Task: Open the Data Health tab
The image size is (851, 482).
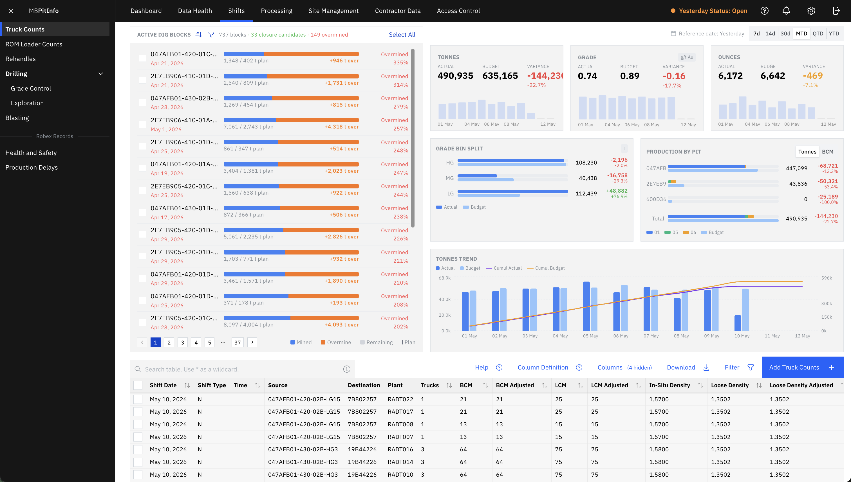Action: (x=195, y=11)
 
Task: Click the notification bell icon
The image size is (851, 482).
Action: (x=786, y=11)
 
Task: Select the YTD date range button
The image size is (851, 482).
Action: (x=834, y=33)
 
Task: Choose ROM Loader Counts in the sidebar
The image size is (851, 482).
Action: (x=34, y=44)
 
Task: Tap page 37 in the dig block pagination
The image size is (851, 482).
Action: (x=238, y=342)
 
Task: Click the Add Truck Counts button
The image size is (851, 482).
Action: (x=803, y=368)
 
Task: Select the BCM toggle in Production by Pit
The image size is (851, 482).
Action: (x=827, y=152)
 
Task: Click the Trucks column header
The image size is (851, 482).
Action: (x=430, y=385)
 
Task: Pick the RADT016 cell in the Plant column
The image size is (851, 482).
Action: (x=400, y=449)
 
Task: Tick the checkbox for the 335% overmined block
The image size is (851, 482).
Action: (x=142, y=58)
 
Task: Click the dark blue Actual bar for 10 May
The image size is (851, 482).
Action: (x=738, y=323)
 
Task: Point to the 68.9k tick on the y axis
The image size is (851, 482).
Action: (x=445, y=278)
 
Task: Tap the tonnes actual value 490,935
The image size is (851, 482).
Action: (x=455, y=76)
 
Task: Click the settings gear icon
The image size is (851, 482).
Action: (x=811, y=11)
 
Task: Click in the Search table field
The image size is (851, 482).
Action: (x=242, y=369)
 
